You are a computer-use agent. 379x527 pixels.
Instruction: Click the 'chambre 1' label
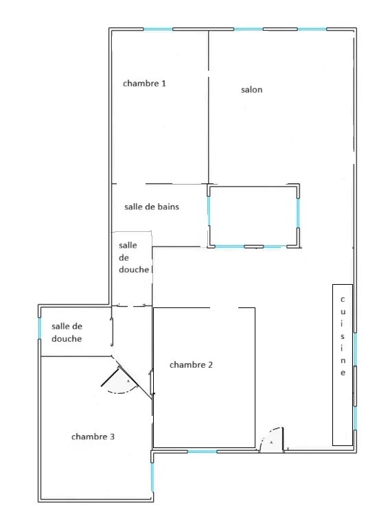(x=144, y=83)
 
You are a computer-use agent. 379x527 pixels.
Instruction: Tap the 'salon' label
(x=251, y=90)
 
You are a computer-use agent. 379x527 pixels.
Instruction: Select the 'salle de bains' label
(x=152, y=206)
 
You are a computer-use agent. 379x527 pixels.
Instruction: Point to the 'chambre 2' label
(x=191, y=365)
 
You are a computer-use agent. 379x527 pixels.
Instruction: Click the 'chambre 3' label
(x=93, y=436)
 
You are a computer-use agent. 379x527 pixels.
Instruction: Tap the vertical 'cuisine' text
(x=342, y=336)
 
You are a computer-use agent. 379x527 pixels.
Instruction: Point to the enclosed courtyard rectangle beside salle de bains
(x=253, y=215)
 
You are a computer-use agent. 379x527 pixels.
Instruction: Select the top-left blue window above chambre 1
(x=158, y=29)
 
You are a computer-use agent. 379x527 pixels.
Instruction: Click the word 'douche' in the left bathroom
(x=67, y=339)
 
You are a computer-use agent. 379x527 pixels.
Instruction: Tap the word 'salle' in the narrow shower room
(x=128, y=245)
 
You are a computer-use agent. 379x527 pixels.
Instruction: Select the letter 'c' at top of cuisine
(x=342, y=299)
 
